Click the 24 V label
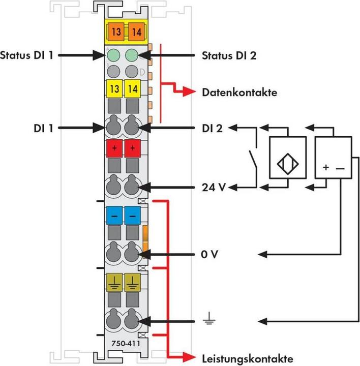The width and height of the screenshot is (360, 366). pyautogui.click(x=212, y=187)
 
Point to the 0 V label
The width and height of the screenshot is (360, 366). pyautogui.click(x=209, y=253)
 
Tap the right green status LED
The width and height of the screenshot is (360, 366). pyautogui.click(x=132, y=54)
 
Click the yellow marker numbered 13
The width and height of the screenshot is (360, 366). pyautogui.click(x=115, y=88)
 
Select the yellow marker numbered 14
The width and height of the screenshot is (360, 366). pyautogui.click(x=133, y=88)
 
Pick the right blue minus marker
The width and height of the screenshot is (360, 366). pyautogui.click(x=133, y=215)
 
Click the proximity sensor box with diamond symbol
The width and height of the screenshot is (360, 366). pyautogui.click(x=288, y=157)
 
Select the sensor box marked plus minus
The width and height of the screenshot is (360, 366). pyautogui.click(x=334, y=157)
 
